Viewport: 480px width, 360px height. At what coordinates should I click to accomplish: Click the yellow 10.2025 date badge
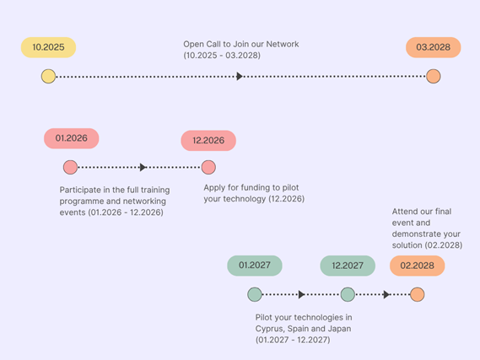pyautogui.click(x=49, y=48)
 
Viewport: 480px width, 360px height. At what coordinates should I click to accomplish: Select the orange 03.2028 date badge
pyautogui.click(x=433, y=48)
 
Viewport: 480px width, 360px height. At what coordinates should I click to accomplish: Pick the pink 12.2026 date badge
pyautogui.click(x=208, y=141)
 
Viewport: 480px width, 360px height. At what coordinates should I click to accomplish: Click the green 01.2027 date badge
pyautogui.click(x=254, y=266)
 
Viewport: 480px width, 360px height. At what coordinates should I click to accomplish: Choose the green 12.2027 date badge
pyautogui.click(x=348, y=266)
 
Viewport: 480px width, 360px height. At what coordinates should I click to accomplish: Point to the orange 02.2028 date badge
pyautogui.click(x=417, y=266)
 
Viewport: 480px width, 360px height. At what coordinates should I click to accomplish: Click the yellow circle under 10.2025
pyautogui.click(x=48, y=77)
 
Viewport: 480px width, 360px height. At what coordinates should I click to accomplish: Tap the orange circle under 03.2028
pyautogui.click(x=433, y=77)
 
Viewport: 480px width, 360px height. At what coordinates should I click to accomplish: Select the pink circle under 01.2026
pyautogui.click(x=70, y=167)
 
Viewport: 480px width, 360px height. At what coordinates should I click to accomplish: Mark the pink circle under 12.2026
pyautogui.click(x=208, y=167)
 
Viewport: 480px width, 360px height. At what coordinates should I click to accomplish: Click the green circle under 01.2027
pyautogui.click(x=255, y=294)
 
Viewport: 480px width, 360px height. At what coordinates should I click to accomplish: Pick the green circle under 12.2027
pyautogui.click(x=348, y=294)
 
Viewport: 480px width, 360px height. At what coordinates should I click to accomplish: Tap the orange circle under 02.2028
pyautogui.click(x=417, y=294)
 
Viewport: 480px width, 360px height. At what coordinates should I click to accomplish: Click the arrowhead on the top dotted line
pyautogui.click(x=240, y=77)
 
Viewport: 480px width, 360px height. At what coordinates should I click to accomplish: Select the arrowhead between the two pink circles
pyautogui.click(x=143, y=167)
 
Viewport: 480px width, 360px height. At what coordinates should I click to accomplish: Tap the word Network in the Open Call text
pyautogui.click(x=283, y=44)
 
